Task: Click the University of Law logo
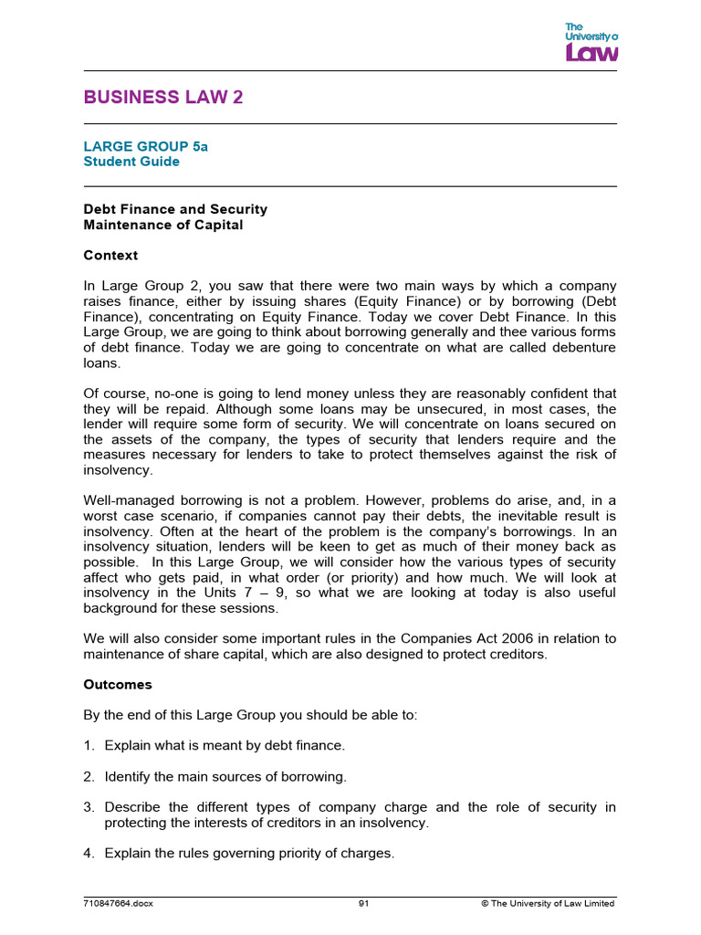(x=591, y=42)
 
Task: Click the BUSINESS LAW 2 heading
(x=163, y=98)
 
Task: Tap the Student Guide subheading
(x=131, y=162)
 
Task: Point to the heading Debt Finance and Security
(x=175, y=209)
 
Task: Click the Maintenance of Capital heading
(x=163, y=225)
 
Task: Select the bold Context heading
(x=110, y=255)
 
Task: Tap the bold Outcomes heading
(x=118, y=684)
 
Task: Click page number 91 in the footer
(x=363, y=903)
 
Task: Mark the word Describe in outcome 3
(x=133, y=807)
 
